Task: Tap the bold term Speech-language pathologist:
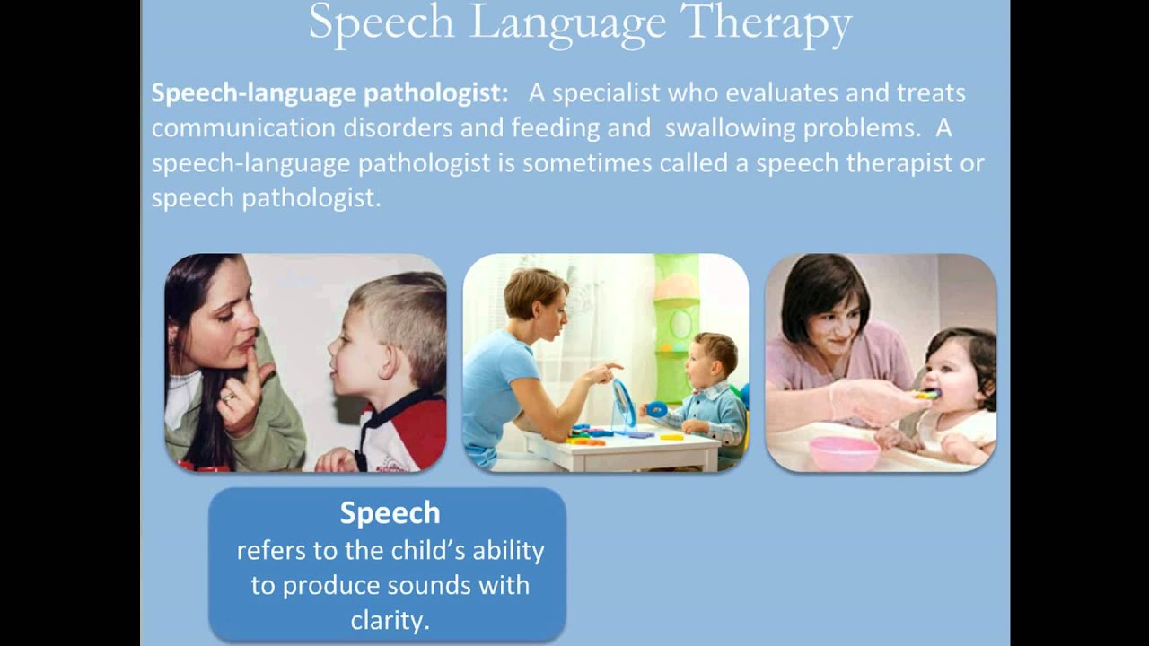coord(329,93)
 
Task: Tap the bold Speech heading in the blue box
coord(390,512)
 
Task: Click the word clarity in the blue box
coord(388,620)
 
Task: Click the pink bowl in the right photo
coord(844,452)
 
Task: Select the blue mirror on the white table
coord(623,405)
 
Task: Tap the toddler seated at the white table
coord(709,386)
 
